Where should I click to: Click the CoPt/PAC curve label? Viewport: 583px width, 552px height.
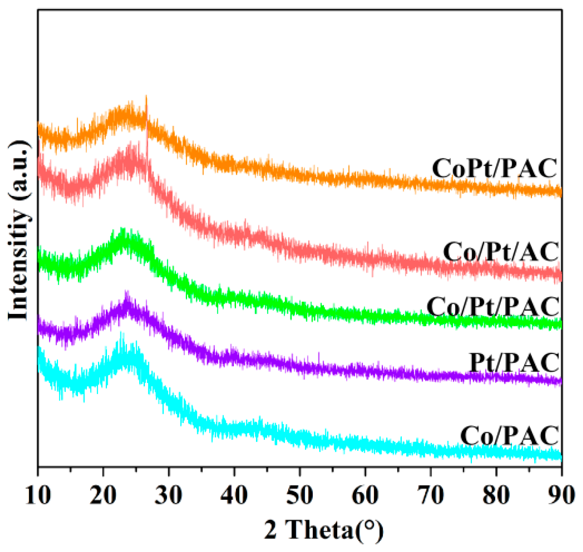(x=494, y=168)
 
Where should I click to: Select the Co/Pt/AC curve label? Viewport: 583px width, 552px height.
(x=501, y=252)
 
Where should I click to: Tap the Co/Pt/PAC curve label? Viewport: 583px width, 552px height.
(x=493, y=307)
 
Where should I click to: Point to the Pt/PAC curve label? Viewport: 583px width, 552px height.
(x=514, y=362)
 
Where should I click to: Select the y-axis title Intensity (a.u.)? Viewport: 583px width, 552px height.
(x=19, y=231)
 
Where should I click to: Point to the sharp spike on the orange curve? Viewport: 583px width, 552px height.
(x=146, y=98)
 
